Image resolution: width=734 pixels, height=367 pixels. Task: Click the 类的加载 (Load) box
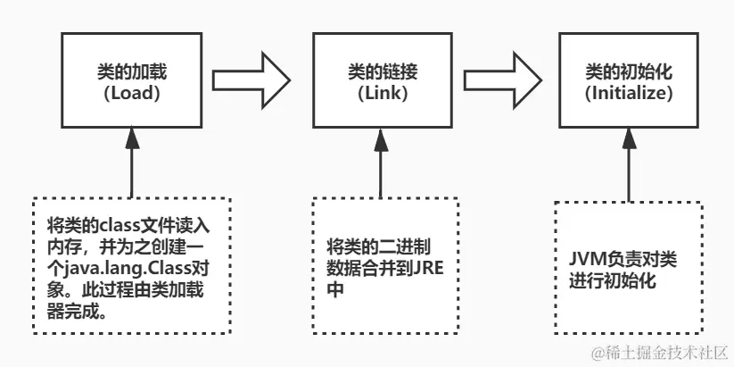[x=131, y=80]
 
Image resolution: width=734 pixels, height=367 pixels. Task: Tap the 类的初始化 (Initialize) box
[x=629, y=80]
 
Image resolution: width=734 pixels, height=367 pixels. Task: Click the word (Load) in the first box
[x=131, y=92]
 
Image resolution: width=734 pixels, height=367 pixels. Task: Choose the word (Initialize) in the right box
[x=629, y=92]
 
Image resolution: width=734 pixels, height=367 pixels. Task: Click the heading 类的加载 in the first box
[x=131, y=71]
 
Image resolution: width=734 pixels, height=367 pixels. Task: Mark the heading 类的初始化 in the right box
[x=629, y=71]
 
